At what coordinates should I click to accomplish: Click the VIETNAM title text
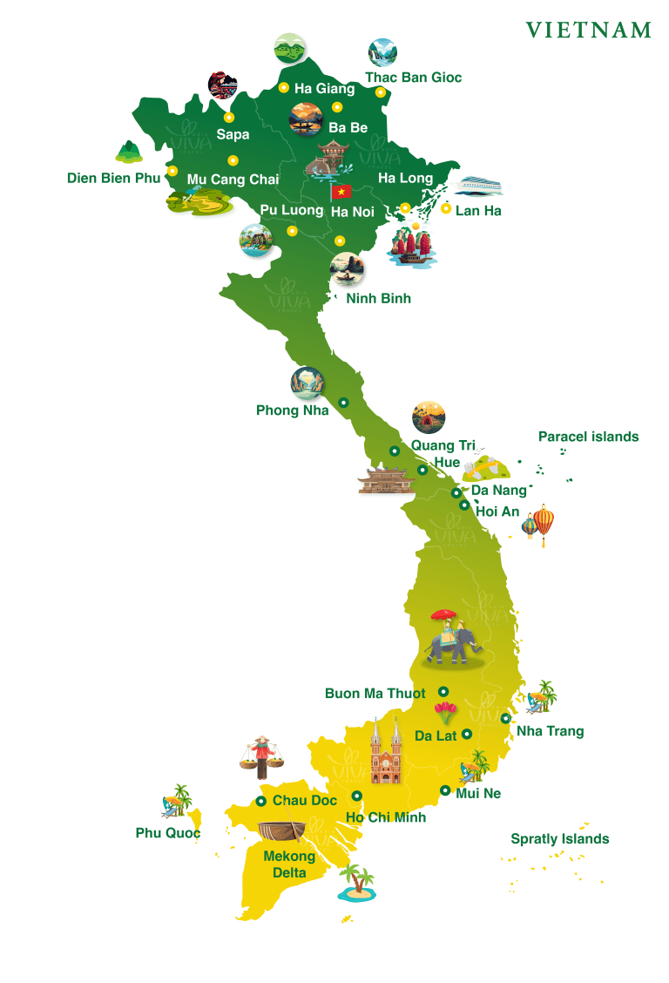click(x=588, y=31)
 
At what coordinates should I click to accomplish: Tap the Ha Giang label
click(x=324, y=89)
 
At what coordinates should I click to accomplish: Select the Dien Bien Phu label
click(x=114, y=179)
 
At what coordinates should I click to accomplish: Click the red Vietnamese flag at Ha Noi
click(x=341, y=192)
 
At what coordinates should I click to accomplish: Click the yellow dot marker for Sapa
click(x=229, y=117)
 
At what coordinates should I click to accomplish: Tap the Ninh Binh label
click(x=378, y=298)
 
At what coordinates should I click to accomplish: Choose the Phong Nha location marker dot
click(x=343, y=403)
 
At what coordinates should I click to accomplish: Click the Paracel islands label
click(x=588, y=437)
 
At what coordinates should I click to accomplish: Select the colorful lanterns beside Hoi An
click(x=539, y=525)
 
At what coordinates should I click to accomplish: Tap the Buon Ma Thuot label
click(x=375, y=694)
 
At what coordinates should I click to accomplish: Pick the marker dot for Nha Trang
click(x=505, y=719)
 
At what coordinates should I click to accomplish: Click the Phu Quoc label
click(x=167, y=833)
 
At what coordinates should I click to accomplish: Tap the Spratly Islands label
click(x=559, y=839)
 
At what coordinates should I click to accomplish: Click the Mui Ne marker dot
click(x=445, y=790)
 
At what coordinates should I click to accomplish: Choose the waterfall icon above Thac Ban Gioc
click(x=382, y=52)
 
